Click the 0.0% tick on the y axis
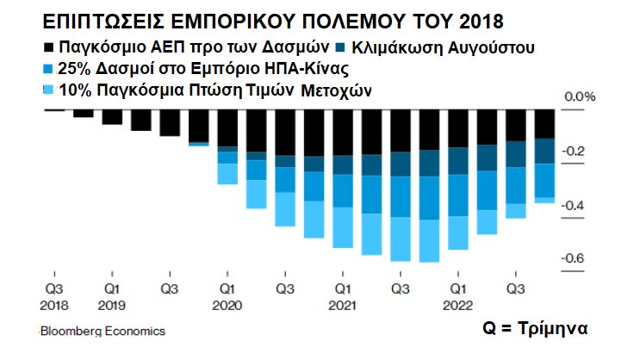(579, 97)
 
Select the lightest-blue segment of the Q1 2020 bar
(227, 173)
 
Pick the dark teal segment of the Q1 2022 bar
(458, 160)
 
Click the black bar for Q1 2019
(112, 117)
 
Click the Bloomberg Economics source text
(103, 331)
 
